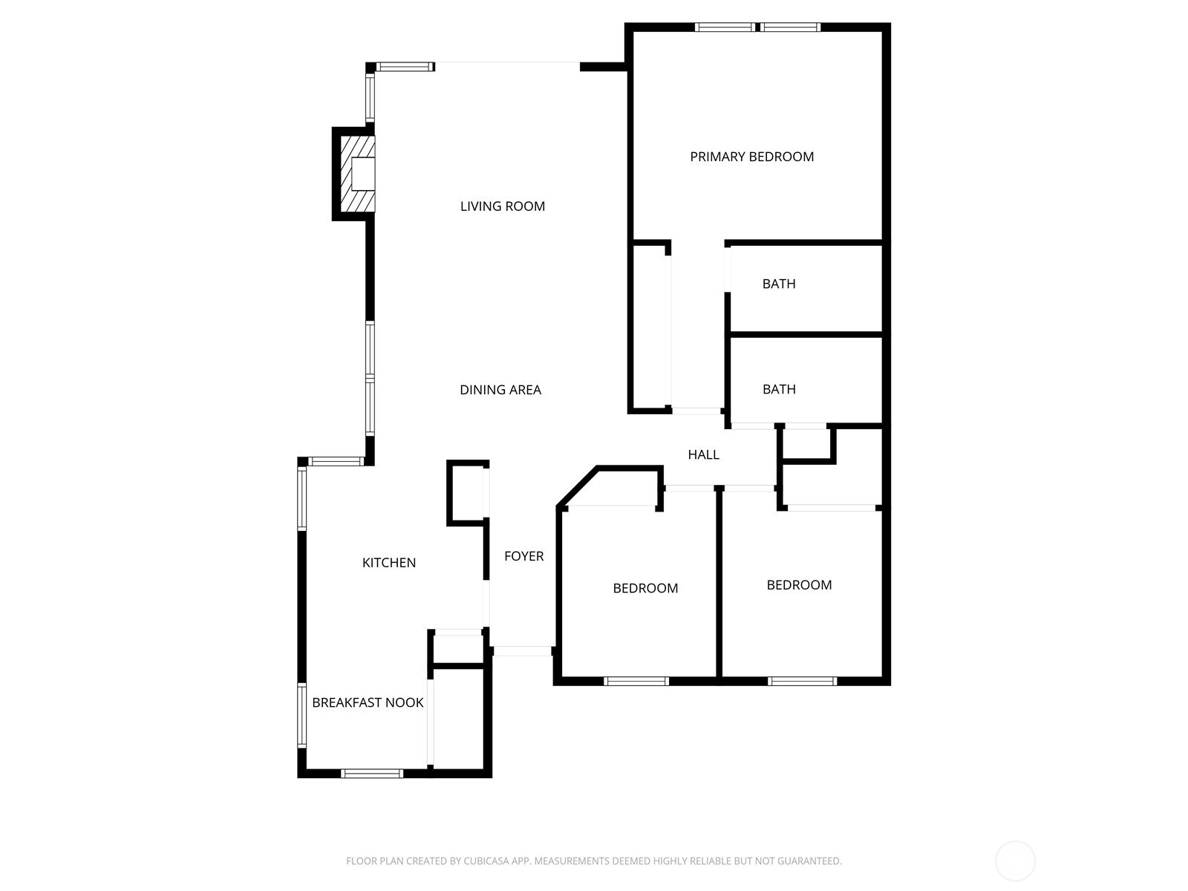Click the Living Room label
click(x=503, y=206)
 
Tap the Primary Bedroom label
click(x=751, y=157)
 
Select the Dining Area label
click(x=500, y=390)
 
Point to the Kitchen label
click(x=388, y=563)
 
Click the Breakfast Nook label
click(x=368, y=702)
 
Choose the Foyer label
click(x=523, y=556)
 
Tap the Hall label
click(x=703, y=454)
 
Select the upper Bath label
click(x=779, y=284)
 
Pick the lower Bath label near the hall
click(x=779, y=389)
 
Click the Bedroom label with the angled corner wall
click(x=645, y=588)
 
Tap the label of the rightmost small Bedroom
click(x=799, y=585)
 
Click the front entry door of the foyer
click(x=522, y=651)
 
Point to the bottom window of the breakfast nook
click(x=372, y=774)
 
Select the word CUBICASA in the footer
click(x=486, y=861)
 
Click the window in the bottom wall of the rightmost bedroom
click(x=803, y=681)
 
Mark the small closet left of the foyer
click(x=467, y=493)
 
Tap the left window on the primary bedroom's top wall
click(x=725, y=27)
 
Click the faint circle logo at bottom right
click(x=1015, y=861)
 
